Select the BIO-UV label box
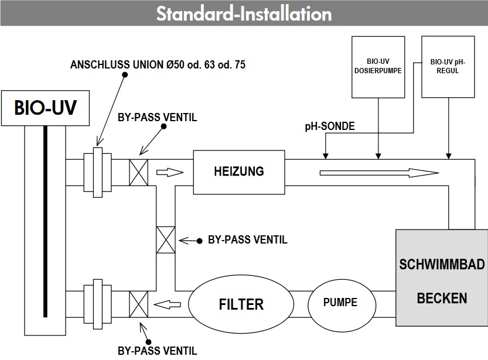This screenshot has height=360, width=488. pos(45,108)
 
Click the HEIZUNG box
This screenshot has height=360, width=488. pos(238,172)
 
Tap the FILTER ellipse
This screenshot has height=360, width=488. pos(241,304)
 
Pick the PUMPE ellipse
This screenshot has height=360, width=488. pos(340,303)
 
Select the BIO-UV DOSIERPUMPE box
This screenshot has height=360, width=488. pos(378,67)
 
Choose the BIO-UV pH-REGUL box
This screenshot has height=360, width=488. pos(448,67)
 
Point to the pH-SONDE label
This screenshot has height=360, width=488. pos(330,126)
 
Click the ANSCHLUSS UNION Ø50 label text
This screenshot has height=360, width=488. pos(157,65)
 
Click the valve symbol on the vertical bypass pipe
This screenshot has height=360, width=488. pos(166,240)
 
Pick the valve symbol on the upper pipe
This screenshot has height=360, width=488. pos(138,172)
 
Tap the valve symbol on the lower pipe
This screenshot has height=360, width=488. pos(138,304)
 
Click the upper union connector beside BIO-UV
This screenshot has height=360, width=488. pos(97,172)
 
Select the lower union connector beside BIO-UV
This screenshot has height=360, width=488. pos(97,304)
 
